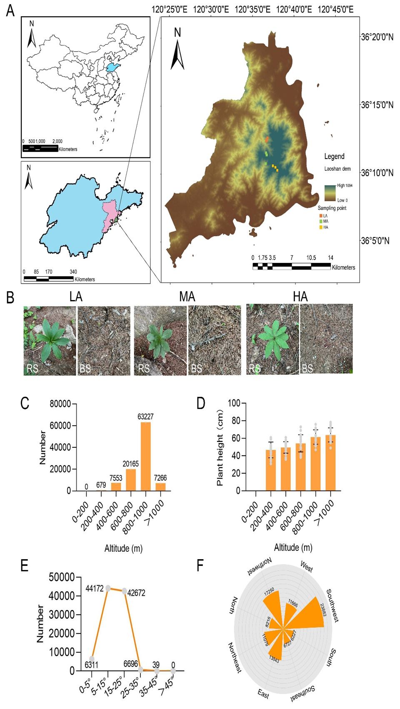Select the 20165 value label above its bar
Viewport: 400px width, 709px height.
point(130,464)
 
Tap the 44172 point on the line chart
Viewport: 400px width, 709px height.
point(108,588)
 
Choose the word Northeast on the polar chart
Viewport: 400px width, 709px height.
point(235,657)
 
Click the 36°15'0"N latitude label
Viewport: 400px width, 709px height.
point(377,105)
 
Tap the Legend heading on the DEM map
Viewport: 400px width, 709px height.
point(334,156)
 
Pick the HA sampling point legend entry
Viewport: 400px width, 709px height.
point(323,227)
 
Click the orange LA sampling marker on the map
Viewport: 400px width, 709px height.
point(267,139)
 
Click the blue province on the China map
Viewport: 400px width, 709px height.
point(111,68)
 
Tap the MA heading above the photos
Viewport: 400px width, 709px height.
point(187,297)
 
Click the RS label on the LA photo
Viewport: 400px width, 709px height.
point(32,369)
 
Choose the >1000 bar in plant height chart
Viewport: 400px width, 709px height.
point(331,463)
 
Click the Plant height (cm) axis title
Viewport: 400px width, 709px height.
point(220,448)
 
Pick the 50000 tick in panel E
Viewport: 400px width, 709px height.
point(62,578)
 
